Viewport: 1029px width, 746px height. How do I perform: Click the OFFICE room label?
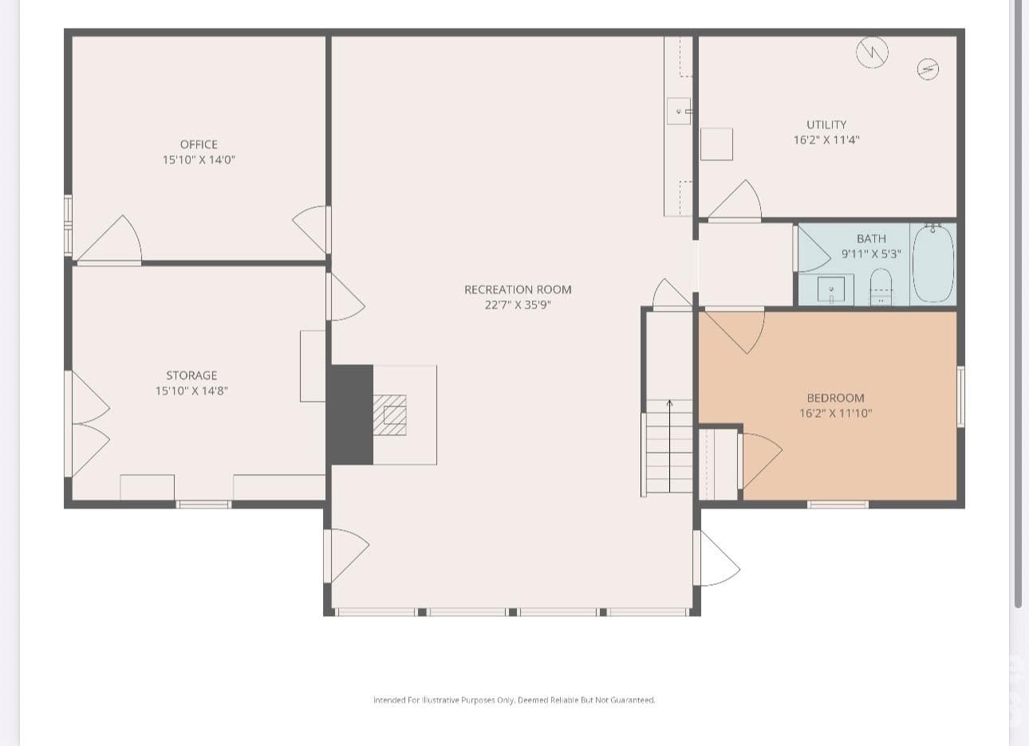(199, 144)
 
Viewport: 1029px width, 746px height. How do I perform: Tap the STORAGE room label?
(191, 375)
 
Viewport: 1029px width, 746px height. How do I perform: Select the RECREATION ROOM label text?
(518, 289)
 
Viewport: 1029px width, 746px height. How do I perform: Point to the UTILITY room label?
(826, 125)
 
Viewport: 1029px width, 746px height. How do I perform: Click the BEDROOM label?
(836, 398)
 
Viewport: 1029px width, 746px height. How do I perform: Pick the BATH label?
(871, 239)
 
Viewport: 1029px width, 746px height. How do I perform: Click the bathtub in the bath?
(933, 263)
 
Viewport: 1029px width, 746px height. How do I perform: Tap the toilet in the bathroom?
(881, 288)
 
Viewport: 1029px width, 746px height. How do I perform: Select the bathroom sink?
(831, 290)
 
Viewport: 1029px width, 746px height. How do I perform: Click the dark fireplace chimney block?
(352, 414)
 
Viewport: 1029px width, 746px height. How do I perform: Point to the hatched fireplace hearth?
(389, 415)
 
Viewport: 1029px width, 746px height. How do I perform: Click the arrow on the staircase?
(669, 446)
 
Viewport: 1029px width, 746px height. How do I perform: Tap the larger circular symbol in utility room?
(872, 53)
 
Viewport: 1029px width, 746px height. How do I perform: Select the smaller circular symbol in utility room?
(928, 69)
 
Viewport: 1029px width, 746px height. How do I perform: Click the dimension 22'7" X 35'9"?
(518, 304)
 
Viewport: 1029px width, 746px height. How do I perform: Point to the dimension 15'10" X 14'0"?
(199, 159)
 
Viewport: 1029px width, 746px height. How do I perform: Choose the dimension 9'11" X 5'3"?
(871, 254)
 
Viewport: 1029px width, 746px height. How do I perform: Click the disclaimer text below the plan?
(514, 700)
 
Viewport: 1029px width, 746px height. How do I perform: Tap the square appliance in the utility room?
(716, 144)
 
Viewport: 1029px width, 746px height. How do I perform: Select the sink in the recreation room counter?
(679, 111)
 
